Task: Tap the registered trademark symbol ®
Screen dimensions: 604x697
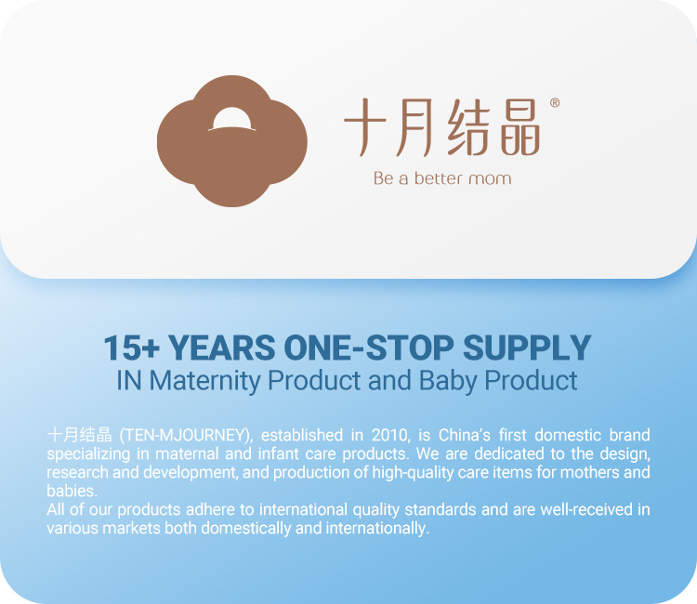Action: pos(555,103)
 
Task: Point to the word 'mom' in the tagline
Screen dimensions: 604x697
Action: pos(492,177)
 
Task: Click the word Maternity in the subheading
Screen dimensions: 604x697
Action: pos(207,380)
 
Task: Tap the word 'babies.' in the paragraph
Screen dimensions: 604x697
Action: pos(72,491)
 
